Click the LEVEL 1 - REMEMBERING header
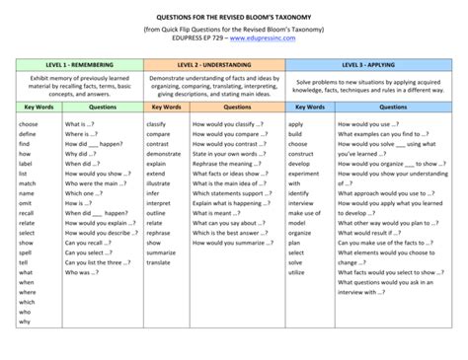tap(80, 64)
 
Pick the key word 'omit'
tap(28, 203)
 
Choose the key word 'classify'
tap(157, 125)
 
